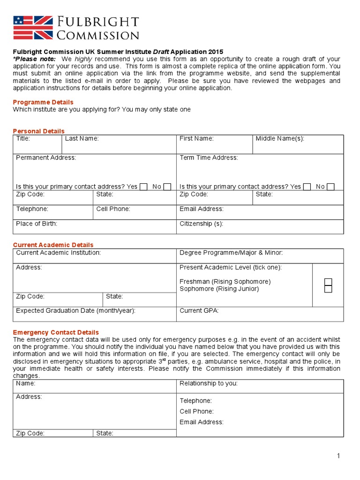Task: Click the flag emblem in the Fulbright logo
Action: click(x=33, y=27)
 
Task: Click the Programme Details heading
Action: click(x=43, y=102)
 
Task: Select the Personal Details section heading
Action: click(x=39, y=131)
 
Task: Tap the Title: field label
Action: click(x=23, y=139)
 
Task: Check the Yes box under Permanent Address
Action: click(x=143, y=187)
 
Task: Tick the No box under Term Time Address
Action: click(x=330, y=187)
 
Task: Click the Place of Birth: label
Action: click(x=37, y=224)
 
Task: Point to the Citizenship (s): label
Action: click(x=201, y=224)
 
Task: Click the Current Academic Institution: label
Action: click(x=59, y=253)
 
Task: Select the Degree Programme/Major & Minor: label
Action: click(x=231, y=253)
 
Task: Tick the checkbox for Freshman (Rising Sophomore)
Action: click(x=328, y=282)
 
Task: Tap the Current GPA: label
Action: click(x=199, y=311)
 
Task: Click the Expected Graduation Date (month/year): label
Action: click(x=76, y=311)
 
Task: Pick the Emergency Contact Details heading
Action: click(x=56, y=332)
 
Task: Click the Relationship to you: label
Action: click(x=209, y=383)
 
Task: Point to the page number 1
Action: click(x=338, y=456)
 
